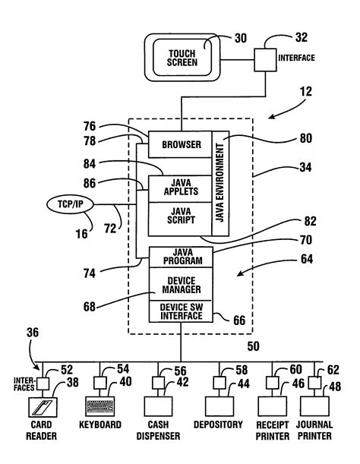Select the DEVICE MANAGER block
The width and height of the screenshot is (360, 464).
coord(181,286)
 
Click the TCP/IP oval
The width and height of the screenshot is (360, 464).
coord(70,204)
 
